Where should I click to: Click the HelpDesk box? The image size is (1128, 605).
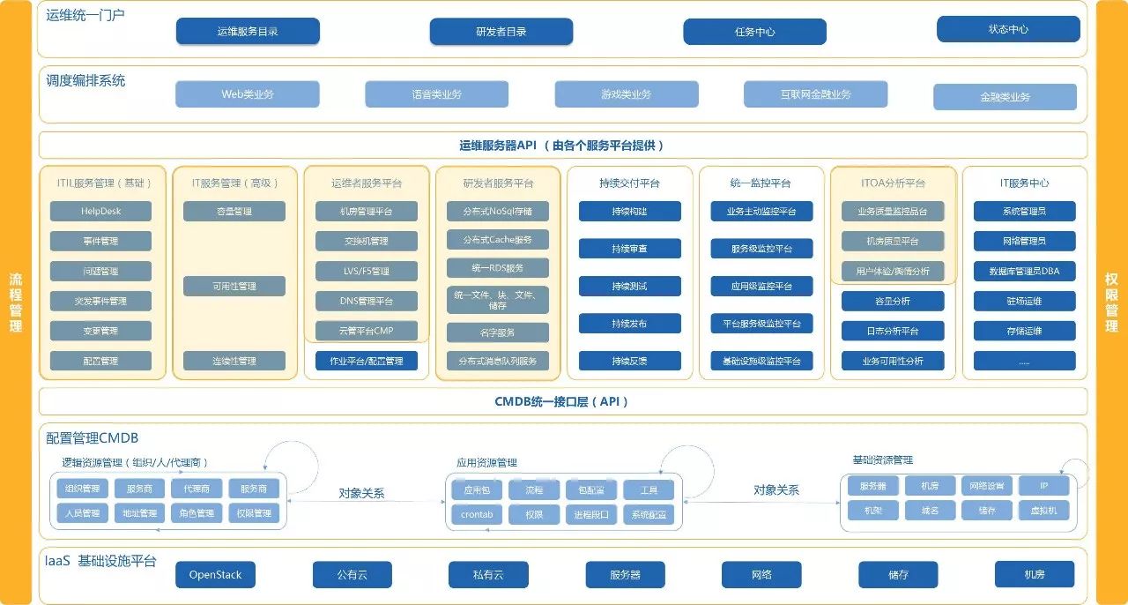pos(100,212)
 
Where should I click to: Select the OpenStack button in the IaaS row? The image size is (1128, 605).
pos(215,575)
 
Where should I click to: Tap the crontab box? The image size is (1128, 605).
pos(477,514)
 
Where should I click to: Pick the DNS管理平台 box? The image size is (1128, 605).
pos(367,302)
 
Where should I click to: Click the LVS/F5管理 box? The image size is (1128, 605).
pos(367,272)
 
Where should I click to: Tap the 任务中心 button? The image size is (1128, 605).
pos(754,32)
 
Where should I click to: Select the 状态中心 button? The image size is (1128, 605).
pos(1008,29)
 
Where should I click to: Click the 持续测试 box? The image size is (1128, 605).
pos(629,287)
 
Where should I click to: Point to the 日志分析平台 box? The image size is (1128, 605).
pos(893,332)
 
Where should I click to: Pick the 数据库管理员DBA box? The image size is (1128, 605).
pos(1024,272)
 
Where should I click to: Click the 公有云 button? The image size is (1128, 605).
pos(352,575)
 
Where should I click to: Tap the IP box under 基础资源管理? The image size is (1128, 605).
pos(1043,486)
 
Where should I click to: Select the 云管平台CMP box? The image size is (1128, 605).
pos(367,332)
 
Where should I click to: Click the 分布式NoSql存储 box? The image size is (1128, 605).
pos(497,212)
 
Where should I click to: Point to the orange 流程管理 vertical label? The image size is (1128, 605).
pos(15,302)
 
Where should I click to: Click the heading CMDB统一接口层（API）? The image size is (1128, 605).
pos(562,401)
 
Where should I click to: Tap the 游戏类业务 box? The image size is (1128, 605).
pos(626,94)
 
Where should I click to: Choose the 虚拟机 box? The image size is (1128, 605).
pos(1043,511)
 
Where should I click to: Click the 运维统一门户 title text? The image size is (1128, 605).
pos(85,15)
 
